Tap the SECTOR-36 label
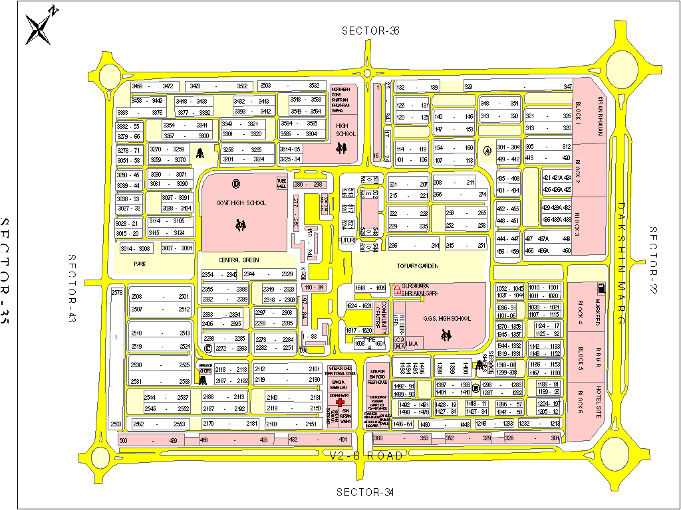click(370, 31)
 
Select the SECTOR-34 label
click(365, 492)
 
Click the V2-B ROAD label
click(367, 456)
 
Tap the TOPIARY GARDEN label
click(419, 266)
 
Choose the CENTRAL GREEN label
click(239, 260)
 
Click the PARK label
click(140, 264)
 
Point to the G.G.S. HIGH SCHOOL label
click(447, 319)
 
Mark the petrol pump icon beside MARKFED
click(602, 288)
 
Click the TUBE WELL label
click(282, 183)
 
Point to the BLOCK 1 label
click(579, 115)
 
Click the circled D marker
click(235, 184)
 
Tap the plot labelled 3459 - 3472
click(152, 86)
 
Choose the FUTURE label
click(347, 240)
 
